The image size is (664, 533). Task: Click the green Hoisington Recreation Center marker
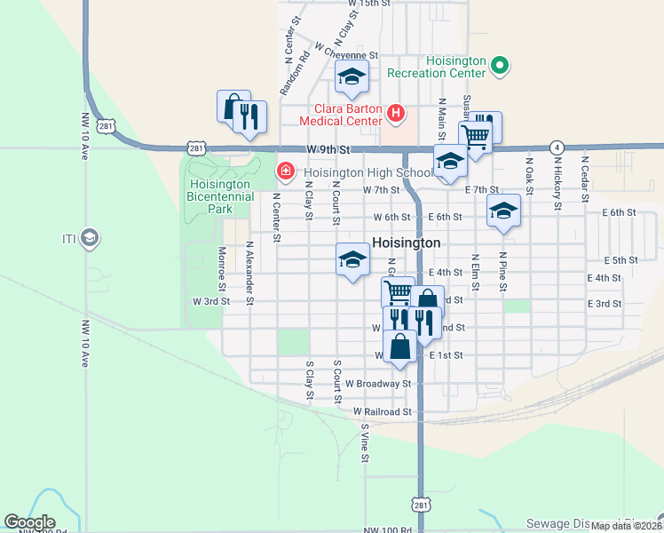(500, 65)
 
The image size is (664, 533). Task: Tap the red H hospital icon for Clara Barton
(396, 113)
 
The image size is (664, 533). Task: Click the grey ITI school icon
(89, 237)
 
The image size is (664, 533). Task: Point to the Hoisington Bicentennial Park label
(217, 196)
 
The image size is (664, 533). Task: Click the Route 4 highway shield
(557, 147)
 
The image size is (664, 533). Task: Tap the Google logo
(29, 522)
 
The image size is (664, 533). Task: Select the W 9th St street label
(329, 149)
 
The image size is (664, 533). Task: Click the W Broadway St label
(379, 384)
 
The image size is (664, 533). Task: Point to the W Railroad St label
(383, 412)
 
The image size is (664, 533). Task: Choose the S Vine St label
(365, 442)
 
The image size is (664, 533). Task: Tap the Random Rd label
(294, 73)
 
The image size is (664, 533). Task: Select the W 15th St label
(369, 4)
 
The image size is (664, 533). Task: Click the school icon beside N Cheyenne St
(352, 78)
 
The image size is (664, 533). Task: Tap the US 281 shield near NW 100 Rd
(420, 504)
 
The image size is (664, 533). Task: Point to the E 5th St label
(621, 260)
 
